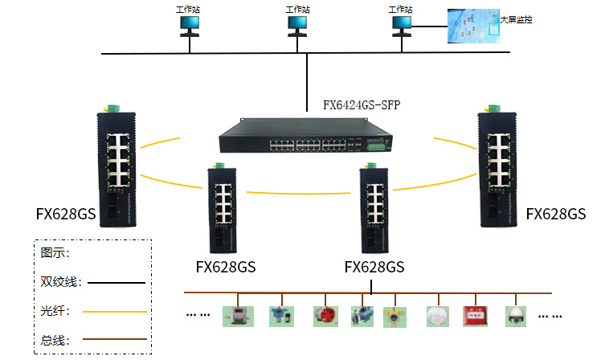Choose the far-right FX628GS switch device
coord(499,170)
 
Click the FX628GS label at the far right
coord(555,214)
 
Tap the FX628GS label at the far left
coord(65,215)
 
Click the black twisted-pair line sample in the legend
coord(117,283)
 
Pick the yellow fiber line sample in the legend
coord(117,311)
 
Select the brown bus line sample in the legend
coord(117,339)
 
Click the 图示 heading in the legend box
coord(55,252)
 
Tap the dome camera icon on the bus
coord(514,315)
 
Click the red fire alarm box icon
coord(474,315)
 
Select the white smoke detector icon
coord(436,315)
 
